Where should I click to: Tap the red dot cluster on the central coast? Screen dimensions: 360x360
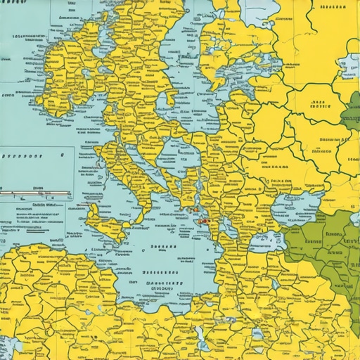pos(204,221)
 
